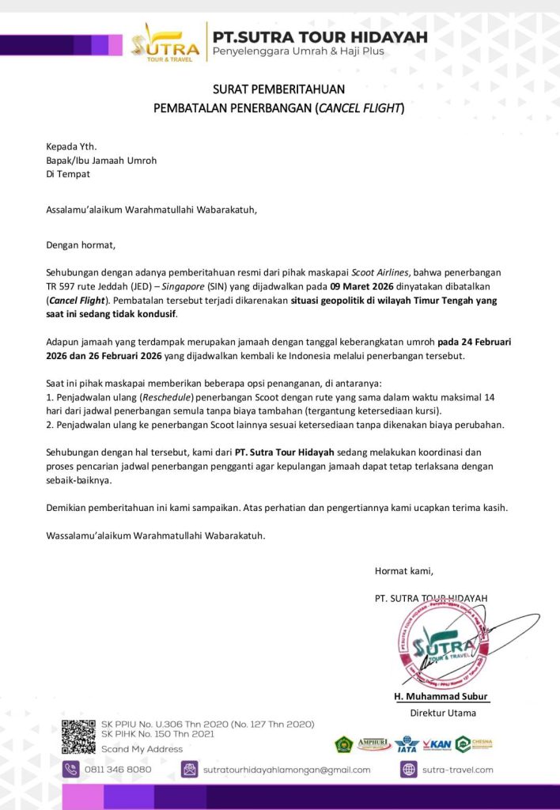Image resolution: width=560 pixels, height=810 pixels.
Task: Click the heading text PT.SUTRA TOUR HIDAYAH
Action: click(320, 36)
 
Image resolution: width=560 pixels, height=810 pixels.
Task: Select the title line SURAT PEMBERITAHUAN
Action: click(278, 89)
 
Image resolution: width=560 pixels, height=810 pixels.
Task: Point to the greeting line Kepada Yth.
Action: click(71, 146)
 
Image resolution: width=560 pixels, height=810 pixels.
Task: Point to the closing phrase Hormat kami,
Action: click(404, 570)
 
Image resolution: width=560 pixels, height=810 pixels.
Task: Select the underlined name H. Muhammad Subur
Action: click(442, 697)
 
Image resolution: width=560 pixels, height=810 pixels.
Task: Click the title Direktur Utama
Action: click(443, 713)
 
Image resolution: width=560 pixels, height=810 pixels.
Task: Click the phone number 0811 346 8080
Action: click(118, 769)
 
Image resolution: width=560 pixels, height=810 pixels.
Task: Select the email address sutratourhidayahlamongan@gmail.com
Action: click(286, 769)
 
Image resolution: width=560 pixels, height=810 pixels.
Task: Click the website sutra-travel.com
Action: click(457, 769)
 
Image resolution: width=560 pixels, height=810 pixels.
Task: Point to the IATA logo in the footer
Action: click(407, 744)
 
